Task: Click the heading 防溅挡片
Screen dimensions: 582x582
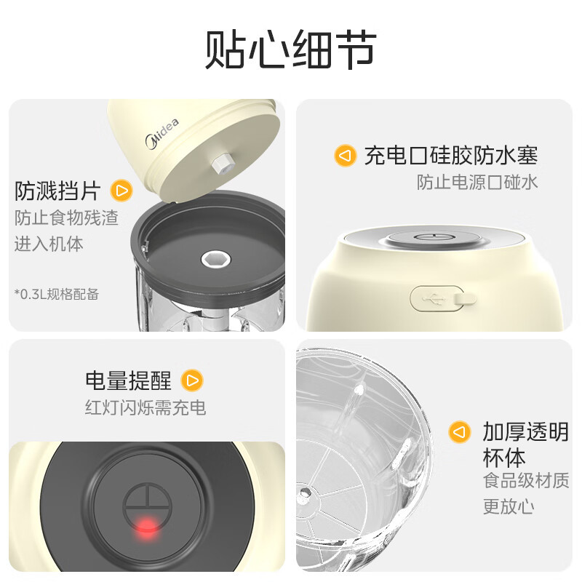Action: (x=57, y=191)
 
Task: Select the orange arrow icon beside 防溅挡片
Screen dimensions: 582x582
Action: (x=121, y=191)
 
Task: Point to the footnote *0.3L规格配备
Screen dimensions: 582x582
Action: (x=57, y=294)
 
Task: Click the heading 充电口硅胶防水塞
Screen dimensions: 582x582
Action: (x=450, y=155)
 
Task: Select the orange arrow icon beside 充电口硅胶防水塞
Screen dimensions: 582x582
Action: (x=345, y=156)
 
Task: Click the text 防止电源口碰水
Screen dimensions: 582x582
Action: (x=477, y=182)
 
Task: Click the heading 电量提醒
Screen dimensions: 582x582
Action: (x=128, y=380)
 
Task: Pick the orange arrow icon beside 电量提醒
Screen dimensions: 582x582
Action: (x=192, y=380)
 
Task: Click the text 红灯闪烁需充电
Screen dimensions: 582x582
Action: (x=145, y=407)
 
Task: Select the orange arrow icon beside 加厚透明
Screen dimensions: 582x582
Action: (x=458, y=432)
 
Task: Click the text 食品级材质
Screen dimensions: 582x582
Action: (x=526, y=481)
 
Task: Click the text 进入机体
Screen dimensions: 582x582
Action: (x=49, y=244)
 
